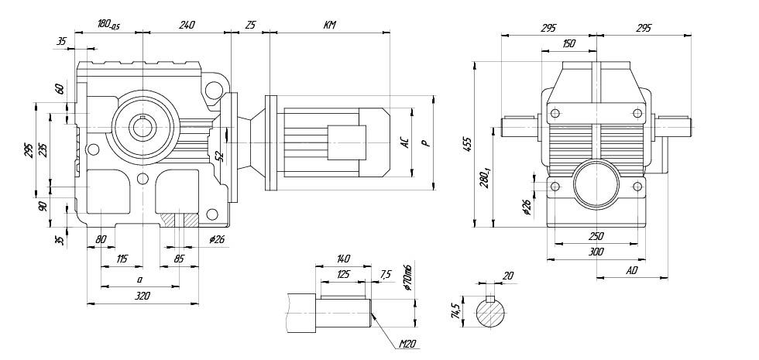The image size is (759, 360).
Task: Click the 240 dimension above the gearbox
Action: click(x=187, y=25)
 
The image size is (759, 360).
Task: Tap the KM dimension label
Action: click(x=329, y=25)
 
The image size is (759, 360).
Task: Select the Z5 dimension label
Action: click(x=250, y=25)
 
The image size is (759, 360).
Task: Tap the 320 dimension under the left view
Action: click(x=142, y=296)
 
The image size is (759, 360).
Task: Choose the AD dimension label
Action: click(x=632, y=271)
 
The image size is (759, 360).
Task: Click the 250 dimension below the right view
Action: click(x=596, y=235)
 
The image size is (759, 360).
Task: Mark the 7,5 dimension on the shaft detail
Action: click(x=386, y=274)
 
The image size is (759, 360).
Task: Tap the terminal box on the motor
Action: click(x=342, y=142)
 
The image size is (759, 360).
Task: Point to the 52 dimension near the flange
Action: click(x=220, y=155)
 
